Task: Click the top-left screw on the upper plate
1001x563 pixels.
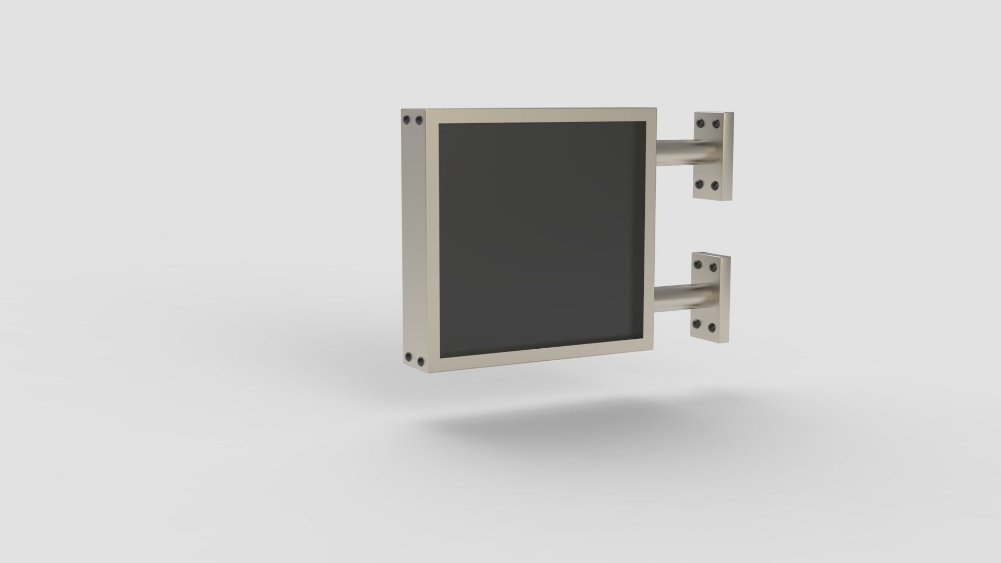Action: point(700,123)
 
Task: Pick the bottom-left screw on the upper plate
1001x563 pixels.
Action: point(700,185)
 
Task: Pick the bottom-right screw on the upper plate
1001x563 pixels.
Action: point(715,185)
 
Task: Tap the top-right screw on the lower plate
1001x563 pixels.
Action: point(713,267)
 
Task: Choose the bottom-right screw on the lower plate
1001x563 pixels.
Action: point(712,327)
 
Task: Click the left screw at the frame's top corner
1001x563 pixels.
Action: point(407,120)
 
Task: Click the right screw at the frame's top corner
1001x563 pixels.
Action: point(418,121)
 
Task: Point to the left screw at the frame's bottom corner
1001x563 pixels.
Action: point(408,358)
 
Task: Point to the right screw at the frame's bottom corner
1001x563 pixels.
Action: point(420,360)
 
